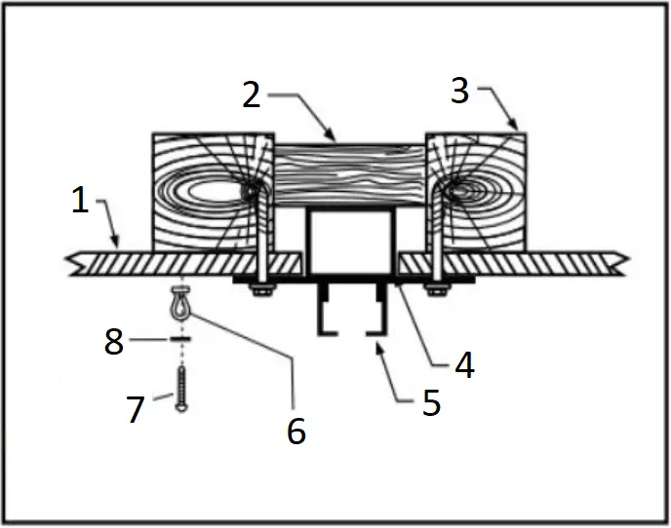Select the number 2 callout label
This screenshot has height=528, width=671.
[x=252, y=94]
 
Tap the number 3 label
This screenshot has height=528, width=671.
[x=460, y=91]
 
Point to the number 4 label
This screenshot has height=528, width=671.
[x=463, y=364]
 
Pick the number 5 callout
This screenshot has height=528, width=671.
[x=431, y=400]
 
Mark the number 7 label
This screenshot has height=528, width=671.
[x=136, y=408]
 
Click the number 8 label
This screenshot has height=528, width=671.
[x=115, y=342]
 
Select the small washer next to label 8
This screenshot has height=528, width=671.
[x=179, y=340]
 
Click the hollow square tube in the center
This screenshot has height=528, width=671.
[x=351, y=242]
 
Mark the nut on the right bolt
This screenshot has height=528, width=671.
[x=432, y=286]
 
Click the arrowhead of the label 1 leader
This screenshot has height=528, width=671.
[x=118, y=244]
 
